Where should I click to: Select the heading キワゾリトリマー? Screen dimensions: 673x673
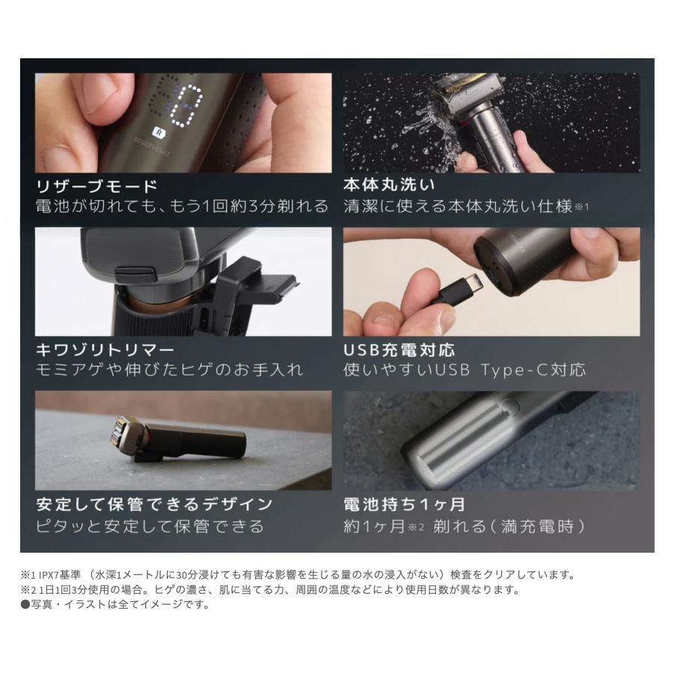pyautogui.click(x=105, y=350)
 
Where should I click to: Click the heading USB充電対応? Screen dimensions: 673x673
pyautogui.click(x=399, y=350)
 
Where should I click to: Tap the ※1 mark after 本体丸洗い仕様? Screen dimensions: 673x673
pyautogui.click(x=582, y=206)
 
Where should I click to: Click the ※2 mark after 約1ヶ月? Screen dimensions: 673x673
pyautogui.click(x=416, y=526)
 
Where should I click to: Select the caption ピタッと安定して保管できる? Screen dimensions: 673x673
pyautogui.click(x=150, y=526)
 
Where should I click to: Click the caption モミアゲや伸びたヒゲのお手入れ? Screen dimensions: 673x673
pyautogui.click(x=170, y=369)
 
